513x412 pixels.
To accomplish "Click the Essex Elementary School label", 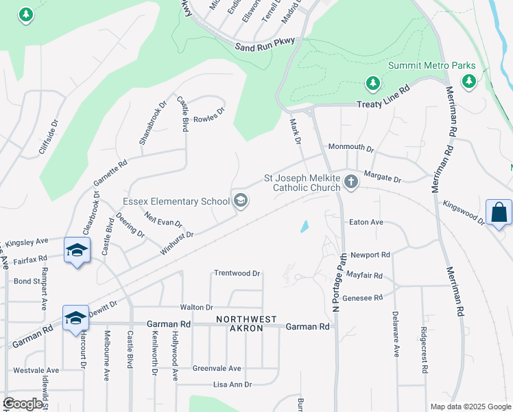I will click(176, 201).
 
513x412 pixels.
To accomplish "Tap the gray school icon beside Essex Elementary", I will click(240, 201).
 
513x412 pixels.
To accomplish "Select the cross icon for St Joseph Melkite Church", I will click(351, 182).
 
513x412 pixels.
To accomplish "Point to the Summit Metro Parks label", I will click(431, 66).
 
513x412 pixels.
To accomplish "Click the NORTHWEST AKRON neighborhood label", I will click(246, 324).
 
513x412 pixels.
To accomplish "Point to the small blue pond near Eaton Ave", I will click(304, 226).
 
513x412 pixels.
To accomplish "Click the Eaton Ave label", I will click(366, 222).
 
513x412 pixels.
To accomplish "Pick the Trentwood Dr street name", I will click(237, 273).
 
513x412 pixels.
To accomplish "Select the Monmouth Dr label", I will click(350, 148).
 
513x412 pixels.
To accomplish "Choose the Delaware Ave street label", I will click(396, 334).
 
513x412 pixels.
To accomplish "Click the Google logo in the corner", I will click(23, 404).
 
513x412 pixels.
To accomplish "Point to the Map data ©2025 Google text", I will click(470, 407).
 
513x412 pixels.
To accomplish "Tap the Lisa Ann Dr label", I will click(232, 385).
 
